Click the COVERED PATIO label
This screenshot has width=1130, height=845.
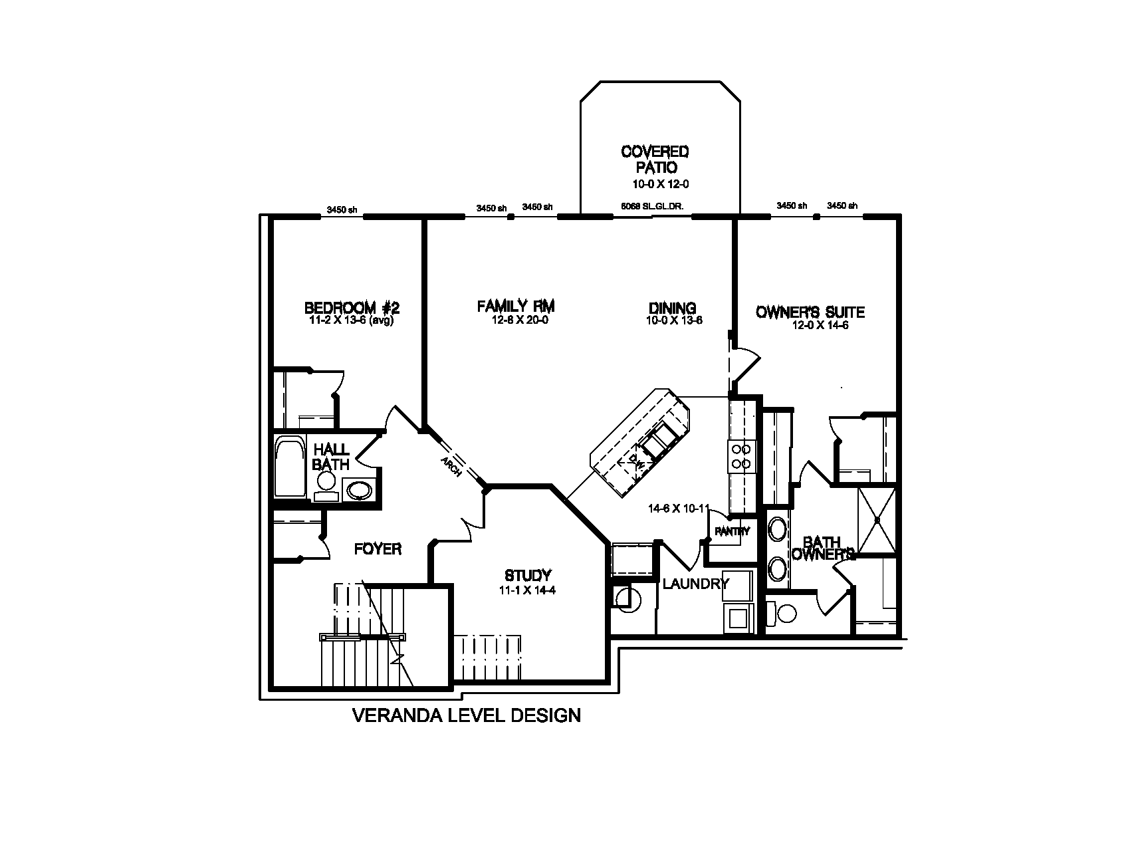(655, 160)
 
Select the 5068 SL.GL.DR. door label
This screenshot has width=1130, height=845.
(652, 207)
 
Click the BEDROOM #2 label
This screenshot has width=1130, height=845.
(352, 308)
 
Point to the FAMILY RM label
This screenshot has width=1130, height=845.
(516, 306)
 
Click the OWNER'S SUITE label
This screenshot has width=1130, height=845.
(810, 312)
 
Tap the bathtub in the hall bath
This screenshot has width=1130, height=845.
(289, 467)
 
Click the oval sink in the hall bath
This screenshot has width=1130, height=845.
(360, 491)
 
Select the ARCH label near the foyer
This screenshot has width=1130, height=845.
(451, 467)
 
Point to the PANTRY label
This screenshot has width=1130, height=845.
(732, 531)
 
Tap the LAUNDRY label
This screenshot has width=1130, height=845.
(695, 584)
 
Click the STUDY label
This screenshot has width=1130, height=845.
(528, 575)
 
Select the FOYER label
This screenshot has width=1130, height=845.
(378, 549)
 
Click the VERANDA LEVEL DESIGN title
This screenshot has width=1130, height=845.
(466, 715)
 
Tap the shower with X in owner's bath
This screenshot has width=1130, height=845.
(877, 519)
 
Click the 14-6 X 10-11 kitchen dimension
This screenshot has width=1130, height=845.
(679, 509)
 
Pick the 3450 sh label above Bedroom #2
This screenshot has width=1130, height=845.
(342, 210)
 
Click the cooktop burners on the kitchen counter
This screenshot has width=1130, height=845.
(741, 455)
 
